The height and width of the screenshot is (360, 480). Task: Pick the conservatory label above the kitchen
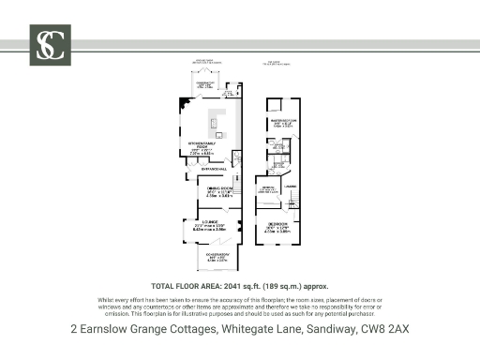click(x=206, y=85)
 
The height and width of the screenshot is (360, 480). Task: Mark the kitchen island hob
click(x=214, y=123)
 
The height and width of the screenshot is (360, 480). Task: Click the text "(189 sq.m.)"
click(x=267, y=285)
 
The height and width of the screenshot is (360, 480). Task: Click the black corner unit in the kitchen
click(x=183, y=107)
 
